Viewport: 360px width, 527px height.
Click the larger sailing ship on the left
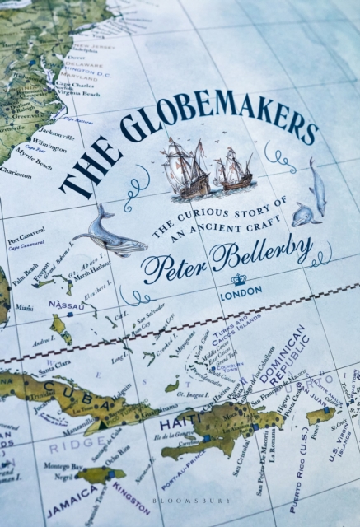(188, 168)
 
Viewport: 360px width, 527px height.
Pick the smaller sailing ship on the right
(234, 171)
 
